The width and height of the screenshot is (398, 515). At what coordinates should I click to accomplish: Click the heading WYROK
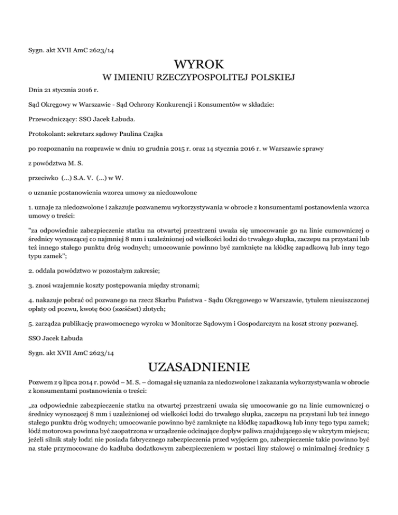pos(199,65)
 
